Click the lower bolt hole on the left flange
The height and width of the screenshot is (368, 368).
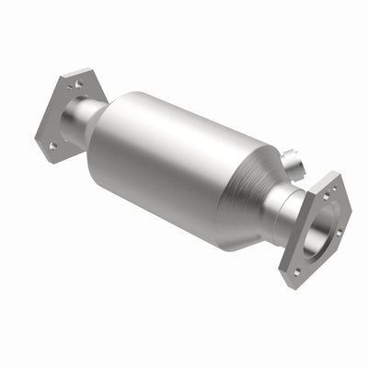coord(53,144)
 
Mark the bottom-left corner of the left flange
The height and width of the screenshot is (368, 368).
coord(39,147)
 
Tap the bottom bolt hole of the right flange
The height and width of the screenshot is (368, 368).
coord(297,270)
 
